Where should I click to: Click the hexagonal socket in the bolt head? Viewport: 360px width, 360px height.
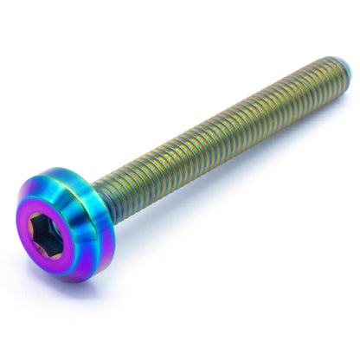(55, 234)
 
